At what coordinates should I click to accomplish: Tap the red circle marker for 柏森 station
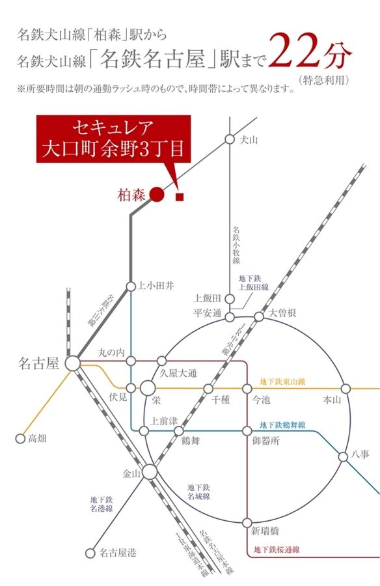coord(156,193)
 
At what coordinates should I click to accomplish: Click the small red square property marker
coord(180,195)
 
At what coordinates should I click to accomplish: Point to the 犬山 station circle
coord(229,139)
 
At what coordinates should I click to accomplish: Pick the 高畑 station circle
coord(20,438)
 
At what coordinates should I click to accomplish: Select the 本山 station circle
coord(346,389)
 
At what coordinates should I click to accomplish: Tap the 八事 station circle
coord(343,456)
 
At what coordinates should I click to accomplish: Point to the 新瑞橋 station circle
coord(247,522)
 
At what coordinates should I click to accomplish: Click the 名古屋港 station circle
coord(90,553)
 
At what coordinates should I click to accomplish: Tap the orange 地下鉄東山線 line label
coord(282,381)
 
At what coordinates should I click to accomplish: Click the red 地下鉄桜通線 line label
coord(276,550)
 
